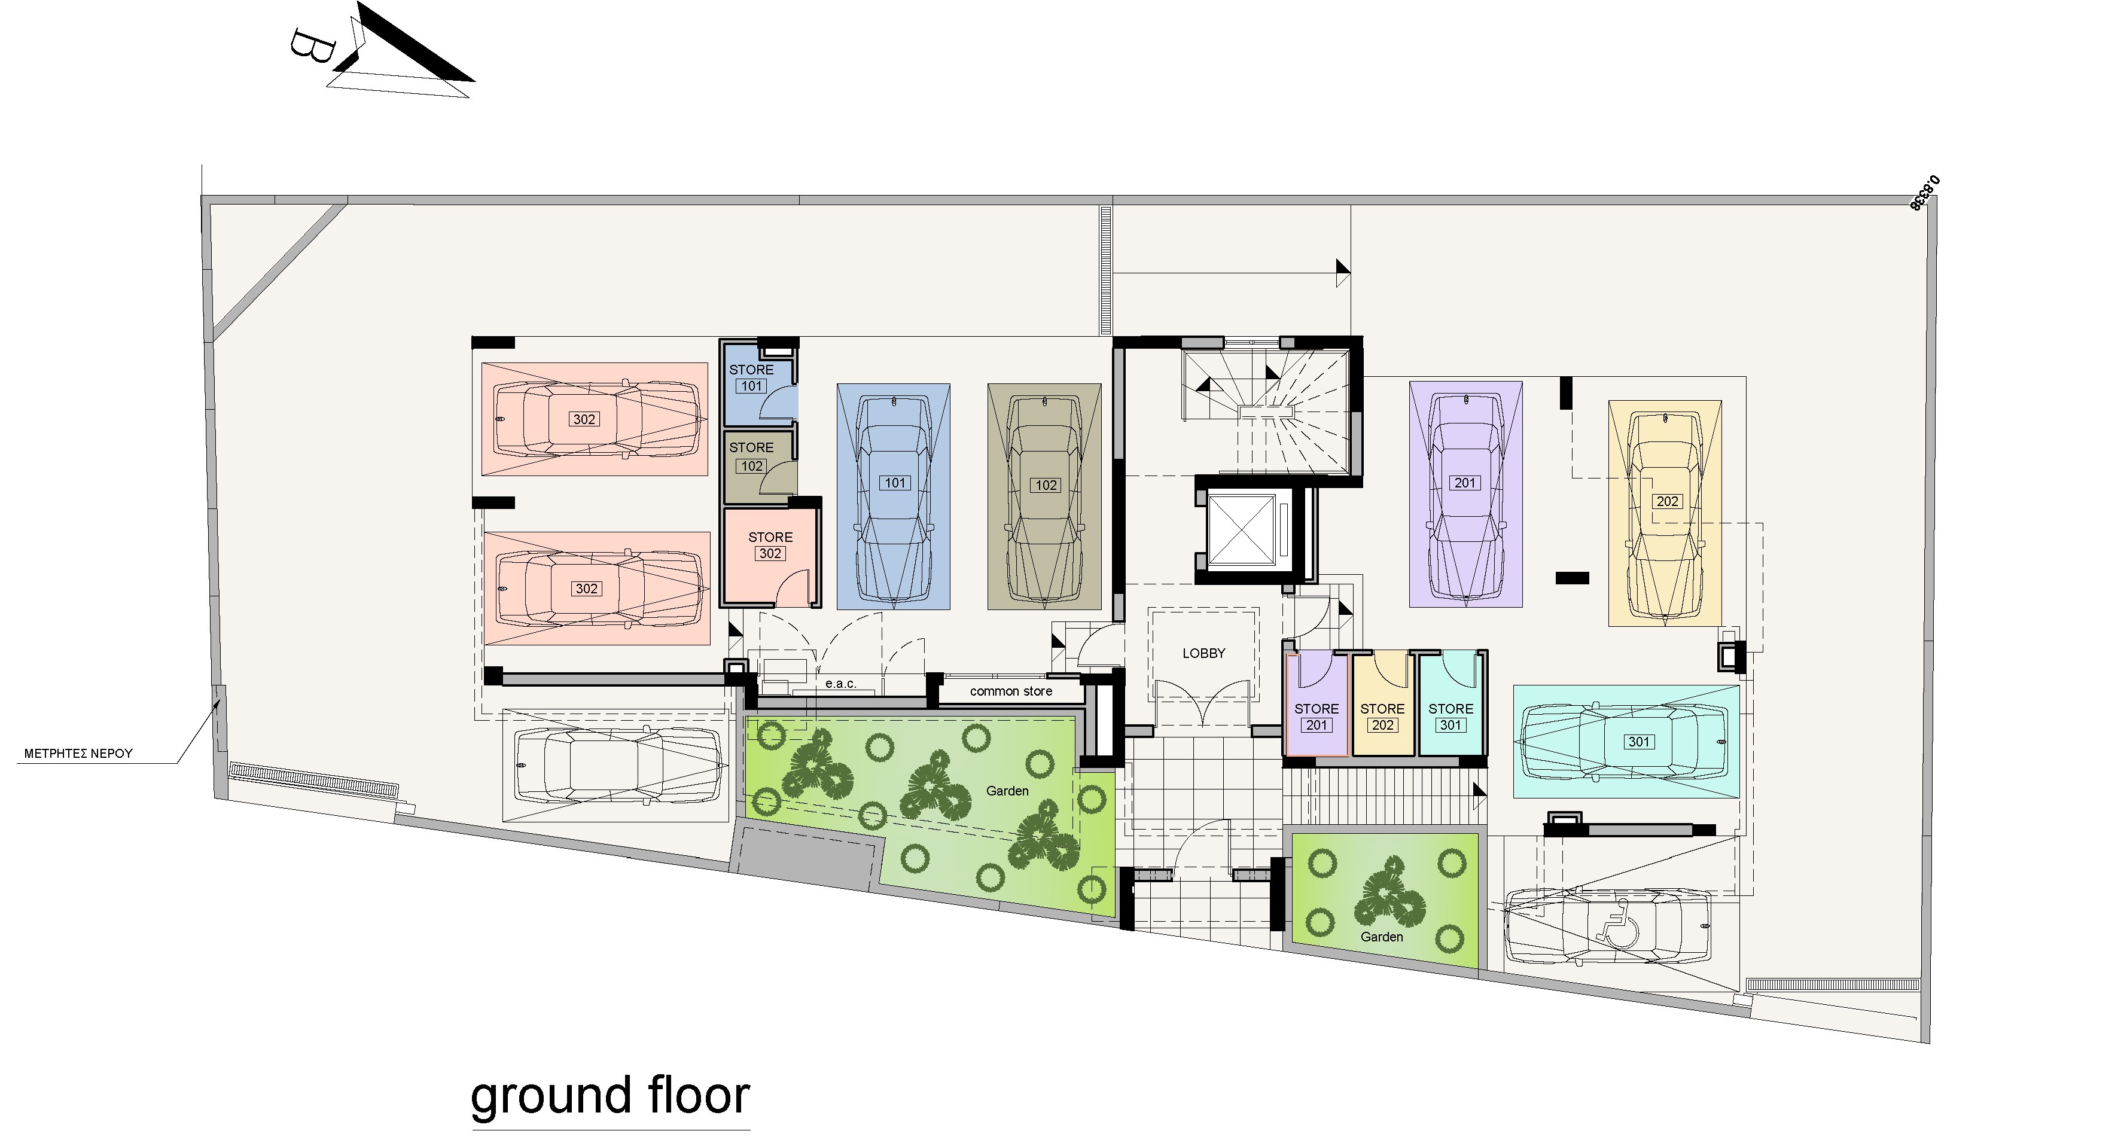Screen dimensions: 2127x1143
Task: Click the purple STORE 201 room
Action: (1316, 705)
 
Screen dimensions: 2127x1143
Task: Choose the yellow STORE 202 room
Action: (1382, 705)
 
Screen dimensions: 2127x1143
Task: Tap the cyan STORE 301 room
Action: (1450, 705)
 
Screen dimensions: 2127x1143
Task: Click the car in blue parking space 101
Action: (894, 499)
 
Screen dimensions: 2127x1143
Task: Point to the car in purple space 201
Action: (1465, 495)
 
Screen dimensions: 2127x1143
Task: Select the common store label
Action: (1011, 691)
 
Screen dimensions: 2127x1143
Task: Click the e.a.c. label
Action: (840, 684)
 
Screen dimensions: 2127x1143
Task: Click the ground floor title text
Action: (610, 1097)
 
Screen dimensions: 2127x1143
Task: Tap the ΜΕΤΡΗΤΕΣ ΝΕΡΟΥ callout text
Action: (78, 753)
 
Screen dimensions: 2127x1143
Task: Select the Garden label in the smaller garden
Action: (1381, 937)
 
